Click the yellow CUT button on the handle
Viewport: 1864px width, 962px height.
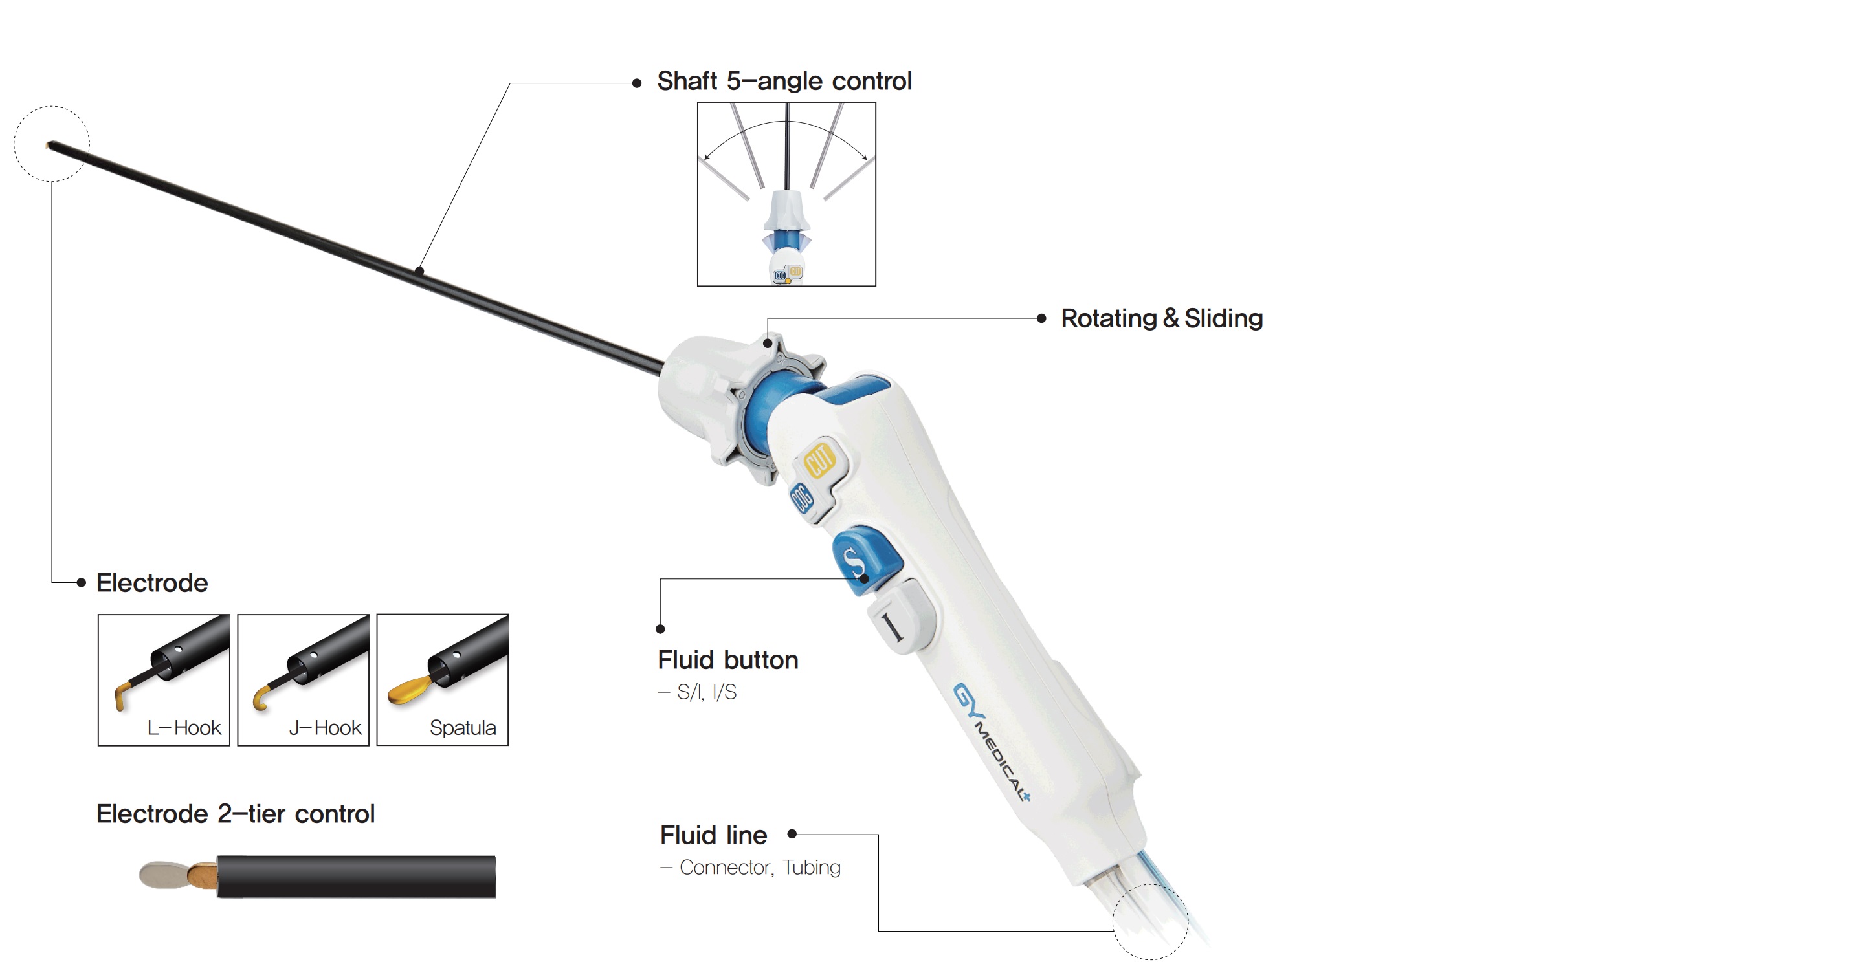point(820,459)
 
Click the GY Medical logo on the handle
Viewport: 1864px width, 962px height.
point(992,741)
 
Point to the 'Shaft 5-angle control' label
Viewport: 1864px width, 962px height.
point(784,81)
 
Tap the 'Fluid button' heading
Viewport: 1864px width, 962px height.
point(728,660)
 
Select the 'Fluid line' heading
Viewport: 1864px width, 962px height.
point(713,835)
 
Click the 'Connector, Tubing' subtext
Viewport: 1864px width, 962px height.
point(760,868)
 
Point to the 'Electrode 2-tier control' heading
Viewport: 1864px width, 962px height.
point(236,814)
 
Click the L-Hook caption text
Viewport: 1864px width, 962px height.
point(184,728)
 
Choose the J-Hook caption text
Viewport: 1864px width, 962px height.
point(325,728)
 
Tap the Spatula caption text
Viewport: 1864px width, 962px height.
point(463,728)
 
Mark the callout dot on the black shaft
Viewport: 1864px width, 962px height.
point(419,271)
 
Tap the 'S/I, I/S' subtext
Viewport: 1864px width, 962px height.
point(706,693)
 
